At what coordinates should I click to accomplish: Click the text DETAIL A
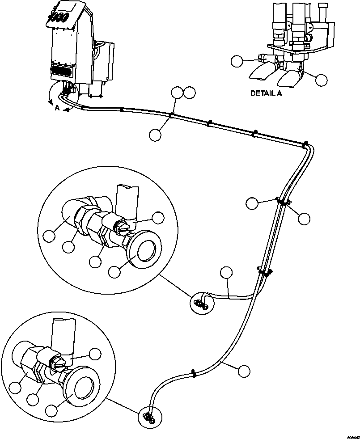(x=266, y=93)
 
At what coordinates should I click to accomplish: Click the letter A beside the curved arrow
(x=57, y=108)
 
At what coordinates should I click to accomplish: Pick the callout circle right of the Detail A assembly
(x=321, y=80)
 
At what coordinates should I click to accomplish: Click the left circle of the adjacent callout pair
(x=178, y=93)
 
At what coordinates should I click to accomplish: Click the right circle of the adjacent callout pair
(x=190, y=93)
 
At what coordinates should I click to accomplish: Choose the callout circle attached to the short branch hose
(x=227, y=273)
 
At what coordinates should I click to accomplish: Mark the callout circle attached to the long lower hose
(x=244, y=371)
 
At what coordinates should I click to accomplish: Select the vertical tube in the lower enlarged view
(x=61, y=333)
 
